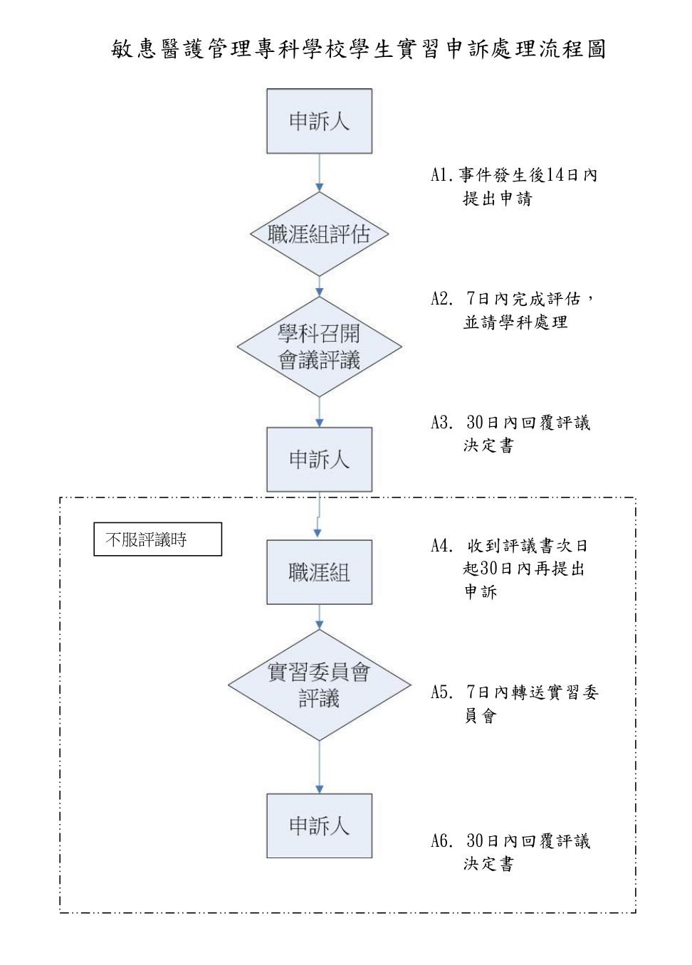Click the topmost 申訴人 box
point(319,121)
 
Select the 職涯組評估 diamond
point(319,234)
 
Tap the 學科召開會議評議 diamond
point(319,347)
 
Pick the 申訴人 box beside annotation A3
point(319,459)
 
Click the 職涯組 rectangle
point(319,572)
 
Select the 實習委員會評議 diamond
point(319,685)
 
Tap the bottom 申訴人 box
point(319,826)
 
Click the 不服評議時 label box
point(158,539)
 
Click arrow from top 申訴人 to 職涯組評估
point(319,172)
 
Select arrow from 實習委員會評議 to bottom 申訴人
point(319,767)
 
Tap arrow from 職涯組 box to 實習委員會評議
point(319,617)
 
